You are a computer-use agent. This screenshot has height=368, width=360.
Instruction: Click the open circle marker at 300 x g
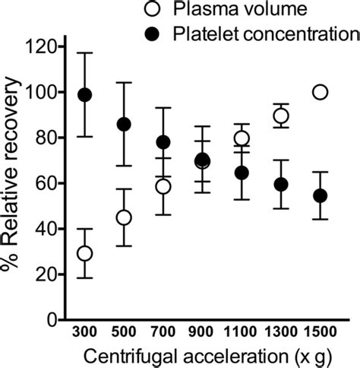pyautogui.click(x=85, y=253)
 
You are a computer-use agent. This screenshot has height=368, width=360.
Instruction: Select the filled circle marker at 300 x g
pyautogui.click(x=85, y=95)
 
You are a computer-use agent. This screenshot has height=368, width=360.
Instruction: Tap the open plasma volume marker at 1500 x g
pyautogui.click(x=321, y=92)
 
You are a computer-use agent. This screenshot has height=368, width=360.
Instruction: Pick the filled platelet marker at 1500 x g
pyautogui.click(x=321, y=195)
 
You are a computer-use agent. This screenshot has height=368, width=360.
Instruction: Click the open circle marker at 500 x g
pyautogui.click(x=125, y=217)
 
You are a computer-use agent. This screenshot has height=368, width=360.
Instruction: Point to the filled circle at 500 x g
pyautogui.click(x=125, y=124)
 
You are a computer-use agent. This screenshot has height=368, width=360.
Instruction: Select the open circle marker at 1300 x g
pyautogui.click(x=281, y=116)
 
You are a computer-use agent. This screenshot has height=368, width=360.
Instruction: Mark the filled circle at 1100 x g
pyautogui.click(x=242, y=173)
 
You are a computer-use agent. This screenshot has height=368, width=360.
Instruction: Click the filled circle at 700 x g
pyautogui.click(x=163, y=142)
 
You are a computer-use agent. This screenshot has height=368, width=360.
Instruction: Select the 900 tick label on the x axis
pyautogui.click(x=203, y=335)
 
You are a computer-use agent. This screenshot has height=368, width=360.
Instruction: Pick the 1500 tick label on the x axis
pyautogui.click(x=321, y=335)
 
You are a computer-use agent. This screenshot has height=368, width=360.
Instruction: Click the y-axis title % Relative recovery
pyautogui.click(x=14, y=182)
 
